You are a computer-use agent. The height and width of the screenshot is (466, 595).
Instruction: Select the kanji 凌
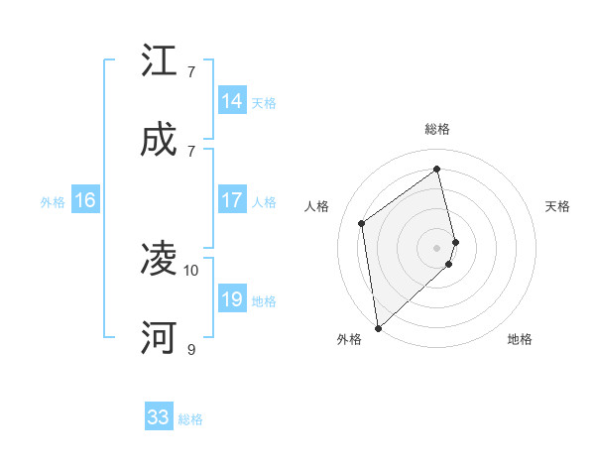click(159, 260)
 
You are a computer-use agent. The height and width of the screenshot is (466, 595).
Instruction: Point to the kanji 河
click(159, 338)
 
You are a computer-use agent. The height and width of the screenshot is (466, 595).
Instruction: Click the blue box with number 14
click(232, 101)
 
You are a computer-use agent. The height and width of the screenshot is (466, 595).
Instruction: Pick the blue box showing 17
click(232, 200)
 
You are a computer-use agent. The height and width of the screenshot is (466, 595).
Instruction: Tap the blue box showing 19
click(232, 299)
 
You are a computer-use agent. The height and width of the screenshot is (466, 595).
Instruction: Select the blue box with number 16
click(85, 200)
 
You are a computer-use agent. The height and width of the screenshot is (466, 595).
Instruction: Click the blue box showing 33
click(159, 417)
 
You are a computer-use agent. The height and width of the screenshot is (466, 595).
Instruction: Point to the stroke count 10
click(191, 270)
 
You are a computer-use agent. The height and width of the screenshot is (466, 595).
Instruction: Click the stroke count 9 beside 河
click(191, 349)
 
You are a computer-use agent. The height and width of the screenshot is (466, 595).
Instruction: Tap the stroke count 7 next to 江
click(191, 71)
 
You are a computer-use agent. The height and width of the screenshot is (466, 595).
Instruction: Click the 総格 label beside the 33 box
click(190, 419)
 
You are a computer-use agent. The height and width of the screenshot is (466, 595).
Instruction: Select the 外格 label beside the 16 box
click(53, 201)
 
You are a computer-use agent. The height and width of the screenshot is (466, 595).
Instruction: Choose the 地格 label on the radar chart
click(520, 339)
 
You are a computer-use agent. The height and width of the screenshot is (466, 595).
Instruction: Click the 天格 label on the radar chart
click(558, 206)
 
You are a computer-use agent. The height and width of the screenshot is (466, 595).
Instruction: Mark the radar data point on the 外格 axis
click(377, 327)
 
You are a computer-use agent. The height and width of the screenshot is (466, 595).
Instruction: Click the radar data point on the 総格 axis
click(437, 169)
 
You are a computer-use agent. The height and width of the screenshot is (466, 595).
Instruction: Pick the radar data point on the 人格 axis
click(362, 223)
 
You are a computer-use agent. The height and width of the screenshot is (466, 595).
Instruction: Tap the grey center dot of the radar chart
click(437, 247)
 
